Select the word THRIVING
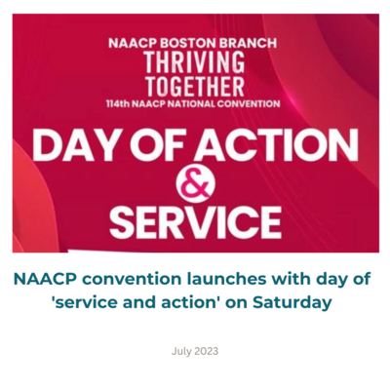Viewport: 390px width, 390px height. point(195,62)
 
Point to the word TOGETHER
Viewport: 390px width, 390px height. point(195,87)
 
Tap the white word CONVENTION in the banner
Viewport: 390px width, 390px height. point(248,103)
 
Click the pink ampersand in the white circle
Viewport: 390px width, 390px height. point(196,184)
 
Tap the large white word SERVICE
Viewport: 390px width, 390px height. point(195,222)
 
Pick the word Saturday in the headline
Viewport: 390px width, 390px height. point(292,302)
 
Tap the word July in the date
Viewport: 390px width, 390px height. point(181,351)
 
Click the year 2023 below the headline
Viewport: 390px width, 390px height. point(206,351)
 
